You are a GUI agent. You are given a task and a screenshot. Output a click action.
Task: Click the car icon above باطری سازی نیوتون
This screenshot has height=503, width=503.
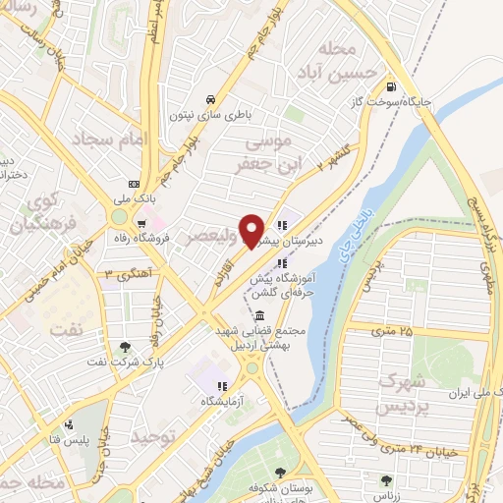tap(210, 99)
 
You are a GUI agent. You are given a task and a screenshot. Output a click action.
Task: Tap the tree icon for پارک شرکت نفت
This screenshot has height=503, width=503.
tap(126, 347)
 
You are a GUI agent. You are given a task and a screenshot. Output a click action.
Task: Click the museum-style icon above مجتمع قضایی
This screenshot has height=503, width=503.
tap(259, 316)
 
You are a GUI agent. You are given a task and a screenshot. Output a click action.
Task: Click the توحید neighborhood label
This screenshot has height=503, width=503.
tap(157, 434)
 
